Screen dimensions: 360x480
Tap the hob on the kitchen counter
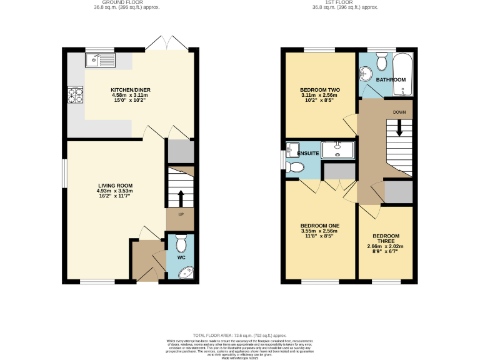76,95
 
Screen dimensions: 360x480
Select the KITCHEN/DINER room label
131,90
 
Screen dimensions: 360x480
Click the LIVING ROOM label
115,185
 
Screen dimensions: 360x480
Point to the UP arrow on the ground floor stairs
181,198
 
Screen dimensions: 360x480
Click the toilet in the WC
181,242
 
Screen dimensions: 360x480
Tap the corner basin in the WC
186,272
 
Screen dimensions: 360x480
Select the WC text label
181,257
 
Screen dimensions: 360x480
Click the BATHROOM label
391,80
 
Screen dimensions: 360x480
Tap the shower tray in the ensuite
337,148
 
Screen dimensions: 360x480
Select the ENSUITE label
308,153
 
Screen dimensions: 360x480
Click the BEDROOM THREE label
386,239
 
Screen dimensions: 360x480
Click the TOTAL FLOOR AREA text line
240,335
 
